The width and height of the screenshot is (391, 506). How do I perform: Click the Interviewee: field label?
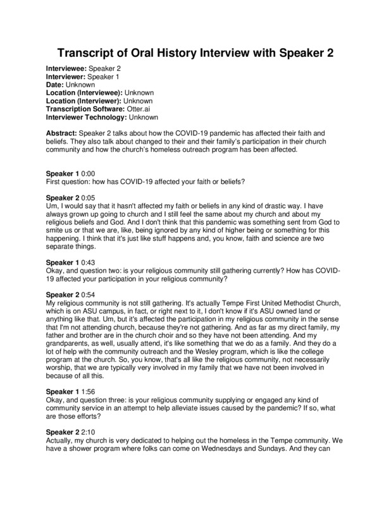pos(67,68)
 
